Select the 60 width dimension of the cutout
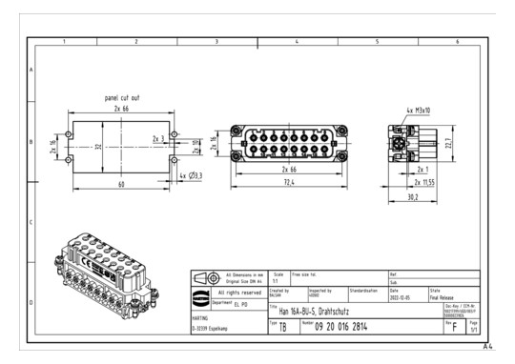click(x=122, y=185)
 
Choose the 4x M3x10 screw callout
click(x=416, y=111)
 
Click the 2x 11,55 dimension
click(x=425, y=180)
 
